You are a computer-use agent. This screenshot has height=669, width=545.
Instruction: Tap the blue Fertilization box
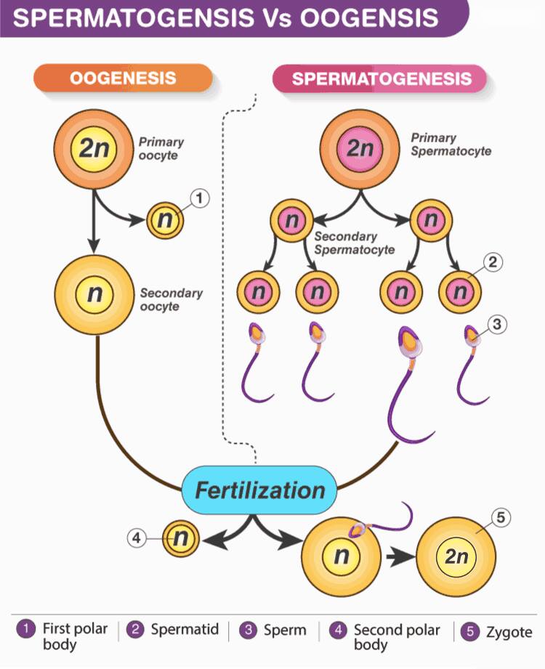pyautogui.click(x=259, y=490)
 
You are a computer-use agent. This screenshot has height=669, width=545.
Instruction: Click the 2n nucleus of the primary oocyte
pyautogui.click(x=94, y=149)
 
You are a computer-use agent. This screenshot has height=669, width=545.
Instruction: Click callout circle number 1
pyautogui.click(x=202, y=198)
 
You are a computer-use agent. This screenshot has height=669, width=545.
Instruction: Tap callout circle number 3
pyautogui.click(x=497, y=325)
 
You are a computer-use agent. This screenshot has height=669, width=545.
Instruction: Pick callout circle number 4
pyautogui.click(x=137, y=538)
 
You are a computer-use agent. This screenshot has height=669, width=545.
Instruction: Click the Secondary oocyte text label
pyautogui.click(x=171, y=300)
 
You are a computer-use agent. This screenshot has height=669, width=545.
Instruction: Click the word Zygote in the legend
pyautogui.click(x=509, y=633)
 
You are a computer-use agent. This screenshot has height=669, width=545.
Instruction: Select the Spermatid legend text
pyautogui.click(x=185, y=630)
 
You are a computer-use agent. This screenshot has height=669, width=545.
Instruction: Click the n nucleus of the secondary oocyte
pyautogui.click(x=94, y=294)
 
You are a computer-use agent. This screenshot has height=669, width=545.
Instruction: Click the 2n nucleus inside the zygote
pyautogui.click(x=456, y=558)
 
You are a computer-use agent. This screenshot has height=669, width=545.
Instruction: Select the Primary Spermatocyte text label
pyautogui.click(x=451, y=145)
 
